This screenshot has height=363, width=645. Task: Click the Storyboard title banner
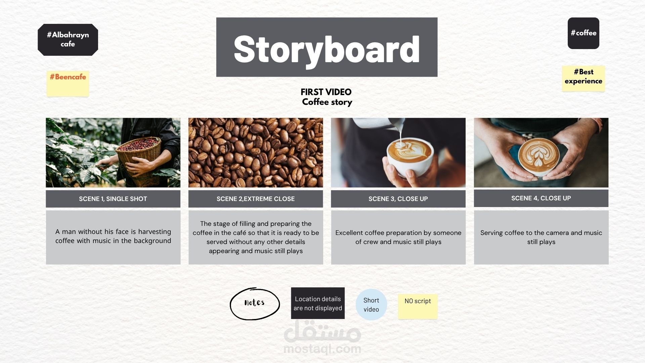(x=327, y=47)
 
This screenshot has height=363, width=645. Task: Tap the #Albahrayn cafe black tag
(x=68, y=40)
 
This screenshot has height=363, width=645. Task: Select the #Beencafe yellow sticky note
(x=68, y=84)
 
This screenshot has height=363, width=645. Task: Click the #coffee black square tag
(x=583, y=33)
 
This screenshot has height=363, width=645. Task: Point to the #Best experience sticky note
(x=583, y=78)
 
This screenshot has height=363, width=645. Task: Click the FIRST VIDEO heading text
(x=326, y=92)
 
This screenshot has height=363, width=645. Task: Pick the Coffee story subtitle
(x=327, y=102)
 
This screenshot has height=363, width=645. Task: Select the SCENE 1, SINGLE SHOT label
(x=113, y=199)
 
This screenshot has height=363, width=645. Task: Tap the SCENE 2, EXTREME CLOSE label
(x=256, y=199)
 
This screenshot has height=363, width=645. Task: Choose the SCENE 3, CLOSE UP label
(x=398, y=199)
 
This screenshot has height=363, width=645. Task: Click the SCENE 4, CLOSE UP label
(x=541, y=198)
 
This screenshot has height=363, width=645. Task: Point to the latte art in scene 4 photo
(x=539, y=155)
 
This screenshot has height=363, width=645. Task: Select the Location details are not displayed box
(x=318, y=303)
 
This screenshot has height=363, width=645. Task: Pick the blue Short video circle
(x=371, y=305)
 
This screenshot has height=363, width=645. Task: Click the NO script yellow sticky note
(x=418, y=306)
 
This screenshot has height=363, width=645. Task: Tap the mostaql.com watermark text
(x=322, y=349)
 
